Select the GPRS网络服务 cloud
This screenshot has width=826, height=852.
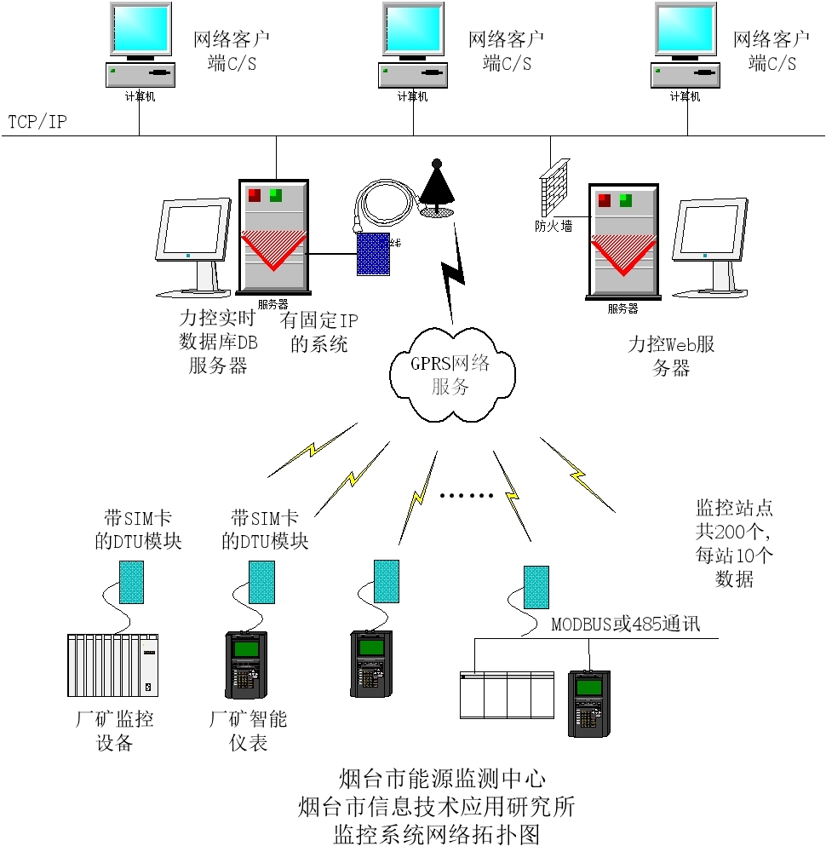451,376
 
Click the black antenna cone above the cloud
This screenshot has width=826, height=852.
436,182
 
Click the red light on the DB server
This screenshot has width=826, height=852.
255,195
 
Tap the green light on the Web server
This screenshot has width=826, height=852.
626,200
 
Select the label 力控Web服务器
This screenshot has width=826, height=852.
670,356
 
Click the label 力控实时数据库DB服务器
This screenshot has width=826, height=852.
218,342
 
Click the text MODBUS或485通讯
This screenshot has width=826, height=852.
625,624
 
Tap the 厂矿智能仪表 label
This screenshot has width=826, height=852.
248,730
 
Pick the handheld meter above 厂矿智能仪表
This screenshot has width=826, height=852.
245,665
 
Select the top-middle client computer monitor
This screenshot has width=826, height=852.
413,32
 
